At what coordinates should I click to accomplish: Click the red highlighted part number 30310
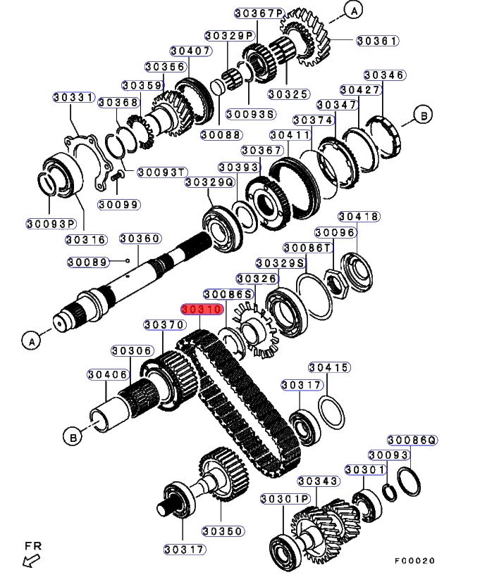click(x=203, y=309)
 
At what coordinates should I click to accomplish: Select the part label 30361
click(x=378, y=41)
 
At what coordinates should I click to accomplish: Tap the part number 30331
click(x=74, y=98)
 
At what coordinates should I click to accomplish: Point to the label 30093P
click(x=51, y=224)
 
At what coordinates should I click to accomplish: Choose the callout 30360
click(x=140, y=239)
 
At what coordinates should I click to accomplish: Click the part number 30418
click(x=358, y=217)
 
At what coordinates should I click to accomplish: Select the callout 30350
click(x=223, y=531)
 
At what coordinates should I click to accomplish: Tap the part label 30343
click(x=319, y=481)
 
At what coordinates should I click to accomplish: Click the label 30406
click(x=109, y=374)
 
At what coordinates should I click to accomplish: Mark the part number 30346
click(x=384, y=75)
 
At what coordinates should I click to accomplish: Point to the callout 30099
click(x=118, y=204)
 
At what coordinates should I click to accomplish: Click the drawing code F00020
click(x=415, y=561)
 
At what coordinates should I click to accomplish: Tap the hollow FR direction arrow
click(x=31, y=560)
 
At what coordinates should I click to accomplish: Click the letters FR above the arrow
click(x=32, y=545)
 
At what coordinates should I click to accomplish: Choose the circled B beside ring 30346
click(x=422, y=115)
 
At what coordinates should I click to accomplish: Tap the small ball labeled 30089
click(x=128, y=261)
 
